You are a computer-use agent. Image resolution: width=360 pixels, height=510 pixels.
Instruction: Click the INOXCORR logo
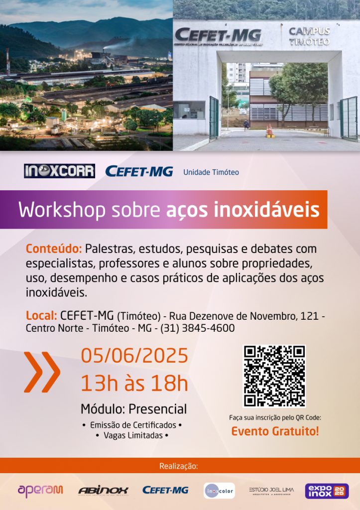pos(60,171)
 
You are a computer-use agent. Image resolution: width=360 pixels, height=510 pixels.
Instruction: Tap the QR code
pos(274,377)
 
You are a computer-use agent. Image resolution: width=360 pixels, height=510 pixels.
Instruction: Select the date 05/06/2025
pos(134,355)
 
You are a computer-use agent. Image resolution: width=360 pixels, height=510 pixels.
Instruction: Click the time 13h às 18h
pos(134,383)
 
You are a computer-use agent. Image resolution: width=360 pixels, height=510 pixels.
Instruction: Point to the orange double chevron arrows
pos(42,372)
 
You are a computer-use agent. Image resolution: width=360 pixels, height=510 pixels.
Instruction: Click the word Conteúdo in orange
pos(53,249)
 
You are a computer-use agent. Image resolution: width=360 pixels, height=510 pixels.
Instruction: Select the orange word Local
pos(41,315)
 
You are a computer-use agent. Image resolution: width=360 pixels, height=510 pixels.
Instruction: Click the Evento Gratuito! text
pos(275,431)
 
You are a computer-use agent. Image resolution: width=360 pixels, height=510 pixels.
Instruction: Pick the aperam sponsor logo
pos(40,491)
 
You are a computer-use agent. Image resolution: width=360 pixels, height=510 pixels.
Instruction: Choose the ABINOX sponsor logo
pos(103,491)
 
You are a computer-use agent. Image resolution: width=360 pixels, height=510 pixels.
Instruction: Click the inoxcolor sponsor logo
pos(219,491)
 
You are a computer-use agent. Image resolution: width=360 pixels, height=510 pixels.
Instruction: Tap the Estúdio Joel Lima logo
pos(271,491)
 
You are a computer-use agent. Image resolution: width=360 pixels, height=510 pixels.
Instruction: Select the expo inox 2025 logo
pos(327,491)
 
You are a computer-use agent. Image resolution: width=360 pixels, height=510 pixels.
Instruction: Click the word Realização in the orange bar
pos(179,466)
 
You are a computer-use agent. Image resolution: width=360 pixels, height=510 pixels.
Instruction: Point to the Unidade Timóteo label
pos(211,172)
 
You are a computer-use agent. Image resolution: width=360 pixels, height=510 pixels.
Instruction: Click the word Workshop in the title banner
pos(62,210)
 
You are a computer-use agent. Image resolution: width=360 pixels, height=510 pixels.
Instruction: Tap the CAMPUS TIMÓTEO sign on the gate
pos(309,36)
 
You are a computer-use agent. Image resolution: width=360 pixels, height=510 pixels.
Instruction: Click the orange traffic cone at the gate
pos(269,130)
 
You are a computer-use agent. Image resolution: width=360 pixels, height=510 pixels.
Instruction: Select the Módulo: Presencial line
pos(133,409)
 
